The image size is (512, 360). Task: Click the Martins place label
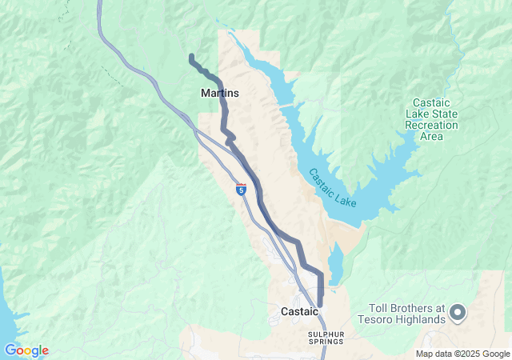(x=219, y=94)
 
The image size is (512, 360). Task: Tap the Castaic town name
(x=299, y=310)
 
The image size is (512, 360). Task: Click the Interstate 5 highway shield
(x=241, y=190)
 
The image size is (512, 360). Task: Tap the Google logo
(x=26, y=350)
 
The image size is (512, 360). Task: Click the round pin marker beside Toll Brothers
(x=458, y=311)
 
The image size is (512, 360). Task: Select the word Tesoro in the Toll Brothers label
(x=389, y=320)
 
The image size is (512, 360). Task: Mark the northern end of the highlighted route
(x=190, y=56)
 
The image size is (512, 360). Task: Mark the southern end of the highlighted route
(x=321, y=302)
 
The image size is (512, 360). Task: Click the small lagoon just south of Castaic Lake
(x=336, y=264)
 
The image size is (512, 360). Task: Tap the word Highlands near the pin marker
(x=425, y=320)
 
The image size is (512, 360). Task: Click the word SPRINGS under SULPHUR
(x=325, y=342)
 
